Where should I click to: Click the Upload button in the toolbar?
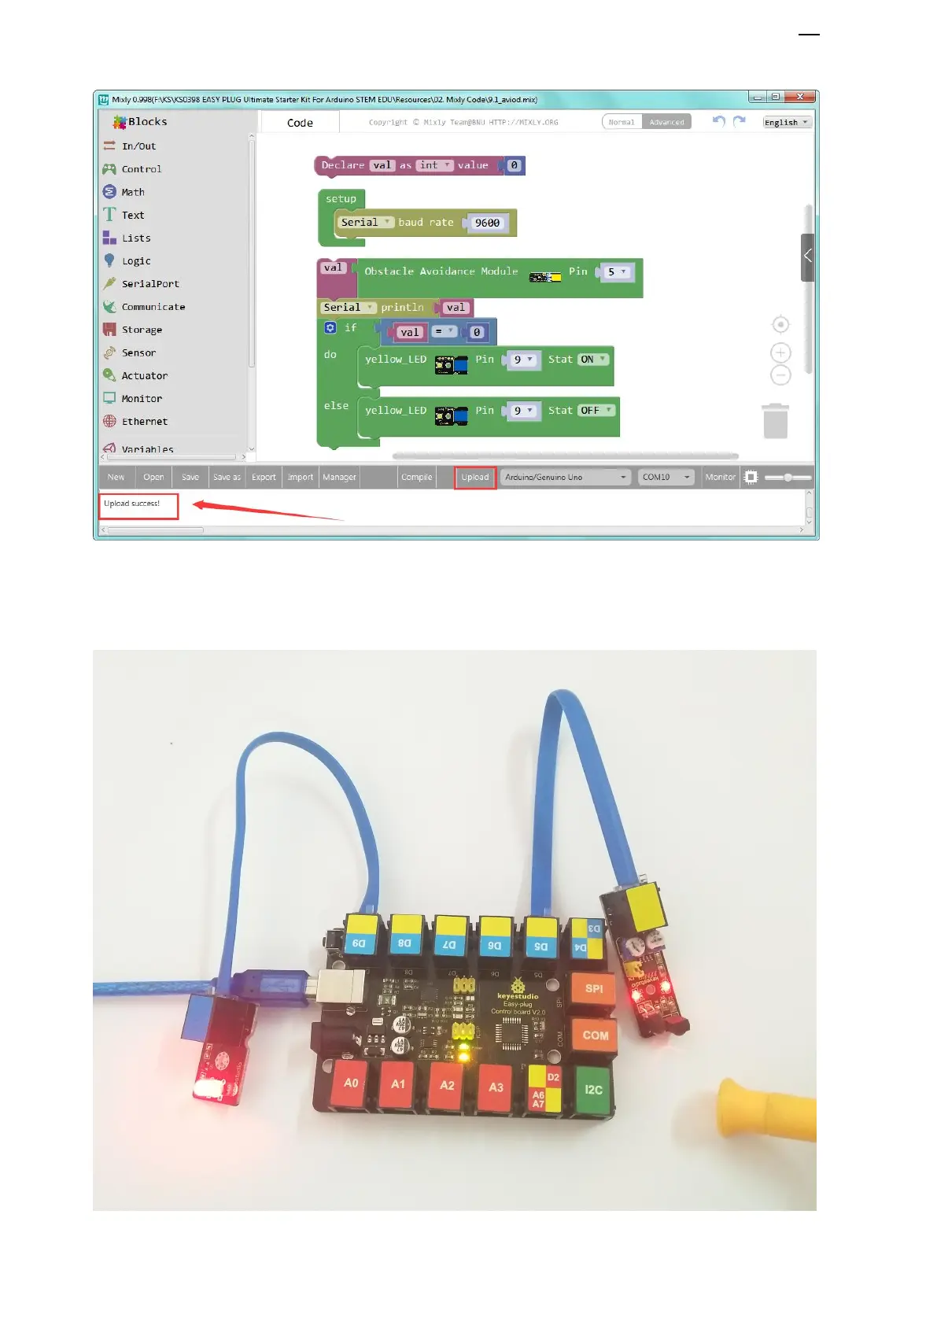click(474, 477)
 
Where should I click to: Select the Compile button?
click(416, 477)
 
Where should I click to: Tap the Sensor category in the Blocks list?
click(138, 352)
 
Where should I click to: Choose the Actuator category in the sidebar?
click(144, 375)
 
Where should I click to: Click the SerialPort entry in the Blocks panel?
click(149, 283)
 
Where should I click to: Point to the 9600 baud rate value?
click(487, 223)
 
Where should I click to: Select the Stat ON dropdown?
click(593, 360)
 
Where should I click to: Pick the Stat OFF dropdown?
click(596, 411)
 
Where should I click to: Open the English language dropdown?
click(786, 122)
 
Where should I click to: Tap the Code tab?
click(300, 123)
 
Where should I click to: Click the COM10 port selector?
click(666, 477)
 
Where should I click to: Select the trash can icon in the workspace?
click(775, 421)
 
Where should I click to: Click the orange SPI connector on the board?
click(593, 989)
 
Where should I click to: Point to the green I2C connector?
click(593, 1090)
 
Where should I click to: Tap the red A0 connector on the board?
click(351, 1083)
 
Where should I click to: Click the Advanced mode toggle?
click(666, 122)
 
